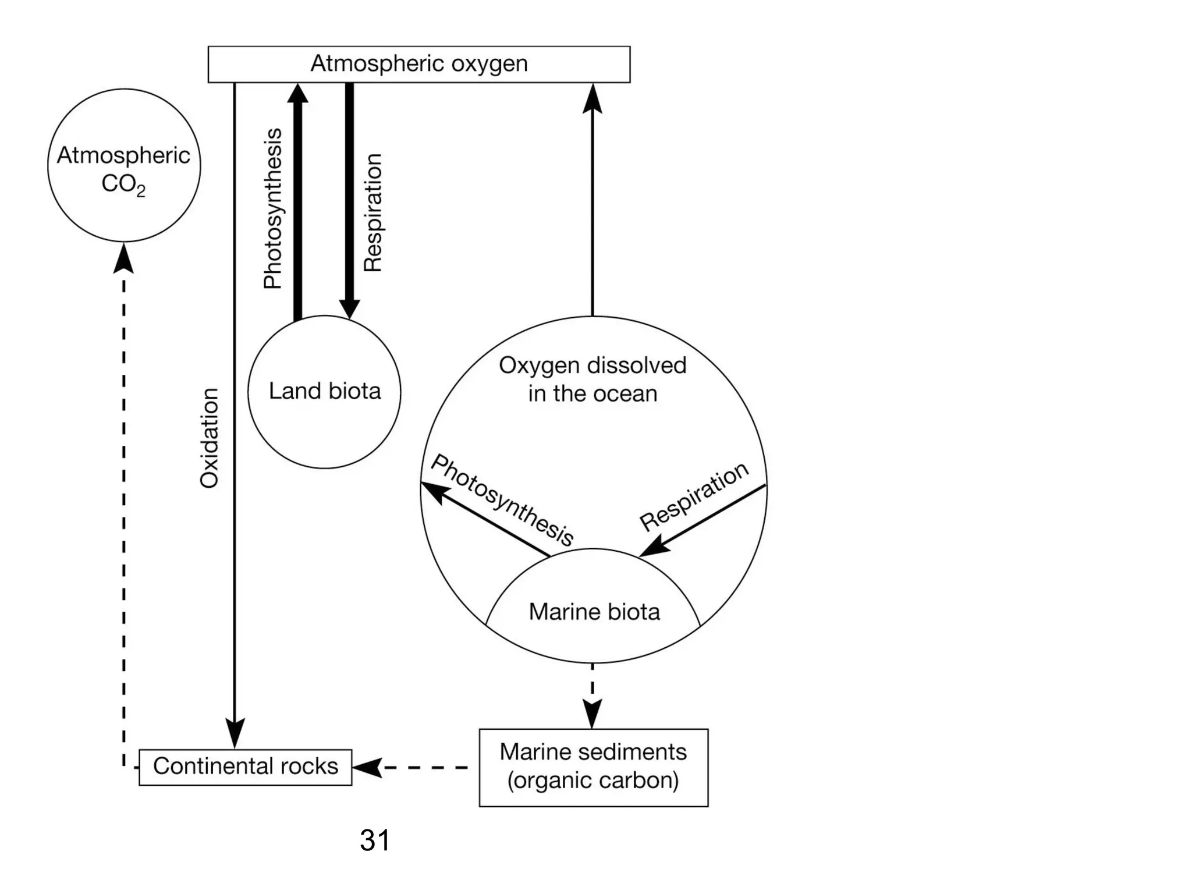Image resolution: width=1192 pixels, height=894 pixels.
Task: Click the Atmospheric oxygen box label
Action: pyautogui.click(x=418, y=64)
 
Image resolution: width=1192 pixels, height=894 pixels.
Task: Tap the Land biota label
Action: pyautogui.click(x=325, y=391)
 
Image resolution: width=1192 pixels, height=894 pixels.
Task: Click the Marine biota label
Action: pyautogui.click(x=594, y=612)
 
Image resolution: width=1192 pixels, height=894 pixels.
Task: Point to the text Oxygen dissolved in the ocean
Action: pyautogui.click(x=593, y=379)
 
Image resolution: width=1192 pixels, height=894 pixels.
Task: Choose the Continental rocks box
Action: pyautogui.click(x=245, y=767)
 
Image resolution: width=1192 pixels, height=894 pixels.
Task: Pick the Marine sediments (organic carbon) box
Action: pyautogui.click(x=593, y=767)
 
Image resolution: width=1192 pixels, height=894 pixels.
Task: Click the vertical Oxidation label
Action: pyautogui.click(x=209, y=438)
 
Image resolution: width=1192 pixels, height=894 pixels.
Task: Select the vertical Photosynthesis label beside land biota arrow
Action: pyautogui.click(x=272, y=208)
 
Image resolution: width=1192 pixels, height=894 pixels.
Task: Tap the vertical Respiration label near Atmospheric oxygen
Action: pyautogui.click(x=372, y=212)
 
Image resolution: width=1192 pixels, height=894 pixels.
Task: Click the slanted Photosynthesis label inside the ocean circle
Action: pyautogui.click(x=502, y=499)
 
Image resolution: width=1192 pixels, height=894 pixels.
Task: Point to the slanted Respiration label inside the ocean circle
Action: pyautogui.click(x=694, y=496)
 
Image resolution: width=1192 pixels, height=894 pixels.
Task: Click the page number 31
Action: pyautogui.click(x=374, y=840)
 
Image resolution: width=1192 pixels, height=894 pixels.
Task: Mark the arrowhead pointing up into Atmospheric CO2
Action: pyautogui.click(x=123, y=258)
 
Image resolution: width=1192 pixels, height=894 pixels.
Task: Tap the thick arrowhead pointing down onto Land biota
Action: pyautogui.click(x=349, y=308)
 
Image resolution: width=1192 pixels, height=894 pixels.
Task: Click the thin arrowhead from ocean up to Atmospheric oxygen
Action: pyautogui.click(x=593, y=98)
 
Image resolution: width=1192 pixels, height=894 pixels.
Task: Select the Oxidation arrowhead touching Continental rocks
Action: pyautogui.click(x=235, y=735)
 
